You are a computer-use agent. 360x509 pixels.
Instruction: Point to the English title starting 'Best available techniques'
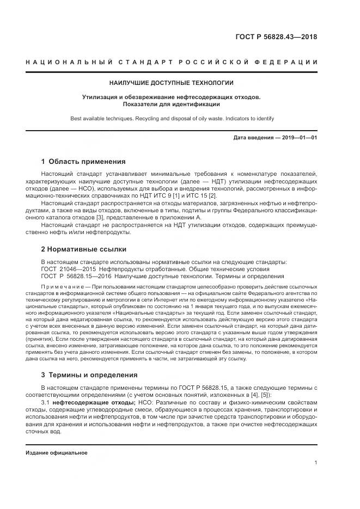click(172, 118)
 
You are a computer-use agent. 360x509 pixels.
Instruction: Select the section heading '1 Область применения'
click(83, 162)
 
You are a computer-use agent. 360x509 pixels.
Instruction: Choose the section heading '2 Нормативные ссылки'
click(83, 249)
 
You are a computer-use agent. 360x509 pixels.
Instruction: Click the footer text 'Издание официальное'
click(57, 452)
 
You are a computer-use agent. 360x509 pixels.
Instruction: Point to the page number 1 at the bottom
click(315, 463)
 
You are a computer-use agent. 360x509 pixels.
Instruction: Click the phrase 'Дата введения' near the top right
click(253, 138)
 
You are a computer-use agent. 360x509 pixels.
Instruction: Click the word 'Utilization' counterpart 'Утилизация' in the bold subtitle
click(100, 97)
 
